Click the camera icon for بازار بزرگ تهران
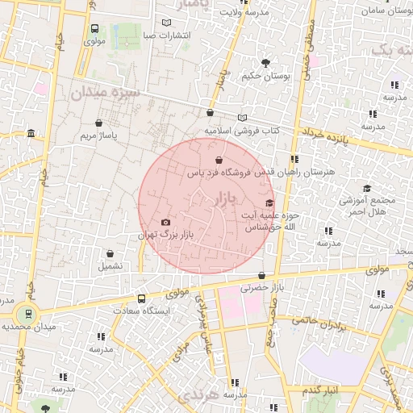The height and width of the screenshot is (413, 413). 165,222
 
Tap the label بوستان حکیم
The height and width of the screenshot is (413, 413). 263,77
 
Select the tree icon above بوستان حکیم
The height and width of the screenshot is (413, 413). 265,62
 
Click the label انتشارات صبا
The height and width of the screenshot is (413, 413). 167,36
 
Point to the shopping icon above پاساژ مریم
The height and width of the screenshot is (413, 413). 98,123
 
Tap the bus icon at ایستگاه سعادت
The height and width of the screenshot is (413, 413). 142,297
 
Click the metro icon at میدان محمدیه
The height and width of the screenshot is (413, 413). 30,314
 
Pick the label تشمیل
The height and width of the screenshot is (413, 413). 111,265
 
